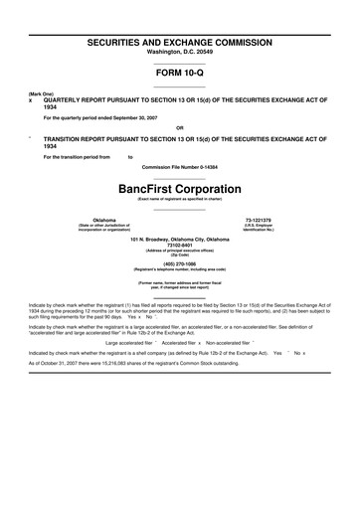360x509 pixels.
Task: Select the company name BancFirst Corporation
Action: (179, 188)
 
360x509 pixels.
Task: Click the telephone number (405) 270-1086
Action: (179, 263)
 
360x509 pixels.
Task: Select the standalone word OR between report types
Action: (179, 127)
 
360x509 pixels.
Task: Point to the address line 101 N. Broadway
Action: (179, 241)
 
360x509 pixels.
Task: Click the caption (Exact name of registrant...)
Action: (179, 200)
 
